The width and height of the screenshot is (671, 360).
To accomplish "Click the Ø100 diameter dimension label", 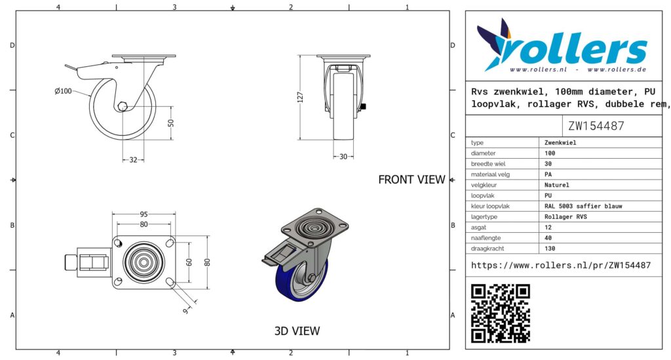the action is click(x=64, y=91).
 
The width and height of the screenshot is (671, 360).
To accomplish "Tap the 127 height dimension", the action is click(x=300, y=97).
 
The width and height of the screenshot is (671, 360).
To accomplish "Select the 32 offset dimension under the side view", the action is click(x=133, y=159).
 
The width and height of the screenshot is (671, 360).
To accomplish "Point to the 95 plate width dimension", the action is click(x=144, y=214).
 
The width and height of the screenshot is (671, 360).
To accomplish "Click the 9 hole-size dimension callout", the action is click(x=185, y=311).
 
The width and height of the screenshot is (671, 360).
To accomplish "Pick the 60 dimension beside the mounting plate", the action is click(x=189, y=262).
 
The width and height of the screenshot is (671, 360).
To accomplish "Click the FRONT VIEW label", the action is click(x=412, y=180).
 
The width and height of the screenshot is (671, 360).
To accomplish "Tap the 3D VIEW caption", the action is click(x=297, y=331).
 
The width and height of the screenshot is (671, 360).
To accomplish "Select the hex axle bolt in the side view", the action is click(x=123, y=106).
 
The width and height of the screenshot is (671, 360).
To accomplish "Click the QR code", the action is click(x=500, y=313).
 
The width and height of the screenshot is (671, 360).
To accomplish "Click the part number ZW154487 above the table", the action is click(x=596, y=126).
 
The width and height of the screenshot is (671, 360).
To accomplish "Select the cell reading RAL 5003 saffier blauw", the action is click(x=583, y=207).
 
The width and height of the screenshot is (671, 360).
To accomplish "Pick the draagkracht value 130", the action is click(x=550, y=249).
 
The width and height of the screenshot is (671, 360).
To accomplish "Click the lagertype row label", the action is click(x=484, y=216).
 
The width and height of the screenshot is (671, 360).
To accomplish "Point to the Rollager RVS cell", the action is click(x=566, y=216).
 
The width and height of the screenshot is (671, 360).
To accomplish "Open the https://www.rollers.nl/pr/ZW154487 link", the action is click(x=561, y=266).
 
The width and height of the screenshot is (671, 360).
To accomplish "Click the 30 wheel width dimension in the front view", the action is click(x=343, y=157).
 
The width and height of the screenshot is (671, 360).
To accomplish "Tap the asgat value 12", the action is click(x=548, y=228).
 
